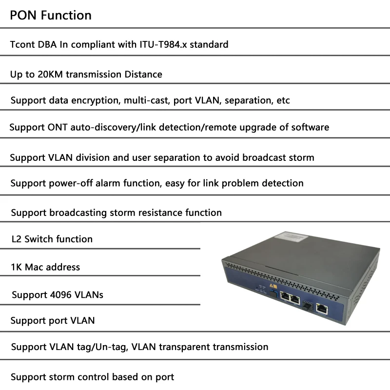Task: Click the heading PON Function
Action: coord(51,15)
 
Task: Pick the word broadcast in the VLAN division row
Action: coord(265,157)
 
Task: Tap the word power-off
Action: coord(68,183)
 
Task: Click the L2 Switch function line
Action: coord(52,239)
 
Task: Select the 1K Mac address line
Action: coord(45,267)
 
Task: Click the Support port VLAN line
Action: coord(53,321)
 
